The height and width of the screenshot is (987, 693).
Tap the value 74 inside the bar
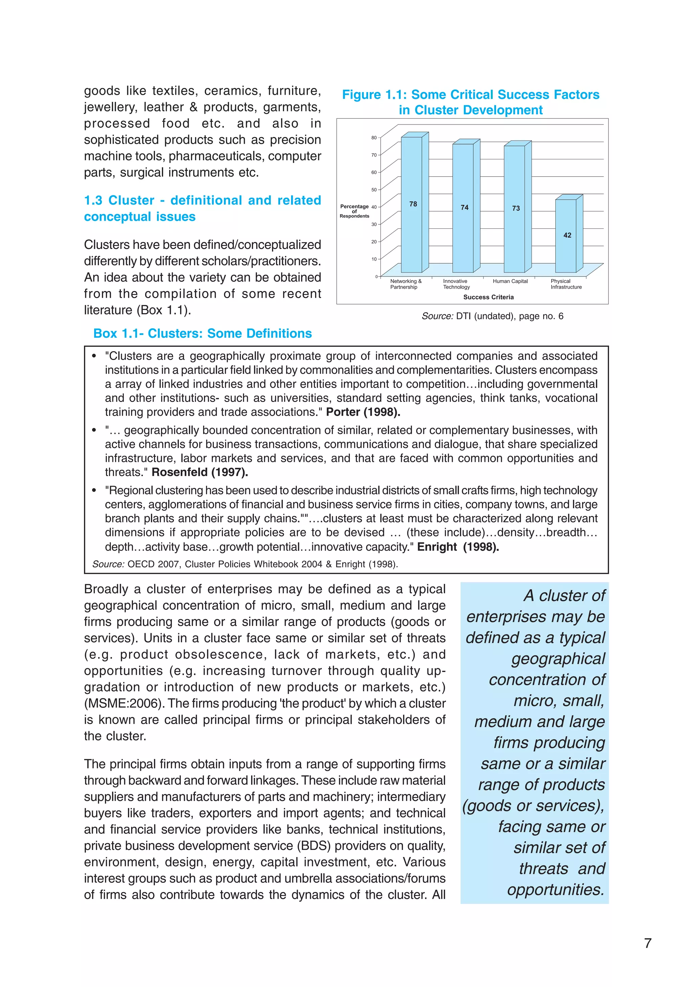(x=464, y=208)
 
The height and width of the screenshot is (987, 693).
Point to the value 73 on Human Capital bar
(x=515, y=208)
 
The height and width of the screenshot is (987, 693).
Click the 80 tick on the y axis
(x=374, y=138)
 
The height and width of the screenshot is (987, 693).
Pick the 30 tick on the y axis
(x=374, y=224)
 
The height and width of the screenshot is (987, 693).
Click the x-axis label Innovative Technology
(x=456, y=284)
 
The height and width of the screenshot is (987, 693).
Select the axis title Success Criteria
(x=488, y=297)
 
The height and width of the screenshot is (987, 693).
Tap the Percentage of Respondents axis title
(x=354, y=211)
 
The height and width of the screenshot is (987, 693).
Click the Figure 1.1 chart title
(x=470, y=102)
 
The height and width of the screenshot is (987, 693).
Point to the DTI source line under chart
(x=492, y=316)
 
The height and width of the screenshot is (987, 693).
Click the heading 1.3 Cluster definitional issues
(x=202, y=208)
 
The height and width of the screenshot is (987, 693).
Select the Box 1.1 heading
(x=202, y=334)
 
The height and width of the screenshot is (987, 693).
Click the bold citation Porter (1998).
(x=363, y=412)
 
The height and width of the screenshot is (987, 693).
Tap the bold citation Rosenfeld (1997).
(x=199, y=472)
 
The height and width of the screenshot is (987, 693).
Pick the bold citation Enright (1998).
(x=458, y=547)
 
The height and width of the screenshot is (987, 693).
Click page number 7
(x=647, y=943)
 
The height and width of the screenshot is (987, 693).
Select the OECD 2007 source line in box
(x=245, y=564)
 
